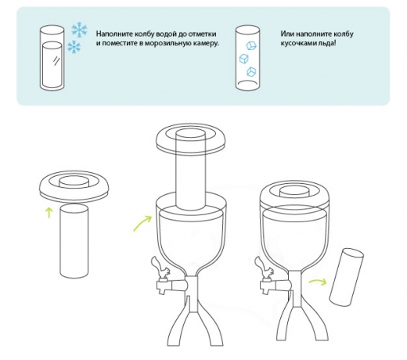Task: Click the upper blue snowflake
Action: click(79, 29)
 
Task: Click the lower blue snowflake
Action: click(74, 47)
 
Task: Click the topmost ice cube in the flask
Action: click(251, 45)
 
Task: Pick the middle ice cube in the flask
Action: click(243, 59)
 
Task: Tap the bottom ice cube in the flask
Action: click(251, 71)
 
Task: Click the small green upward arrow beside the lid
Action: click(49, 212)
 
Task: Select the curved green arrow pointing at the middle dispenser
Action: click(142, 223)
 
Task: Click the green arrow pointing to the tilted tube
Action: click(318, 282)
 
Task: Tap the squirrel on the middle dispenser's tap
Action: click(160, 268)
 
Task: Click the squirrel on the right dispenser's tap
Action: click(264, 268)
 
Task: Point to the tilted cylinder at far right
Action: click(347, 277)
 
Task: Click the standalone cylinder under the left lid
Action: click(74, 241)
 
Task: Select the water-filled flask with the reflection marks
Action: click(52, 58)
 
